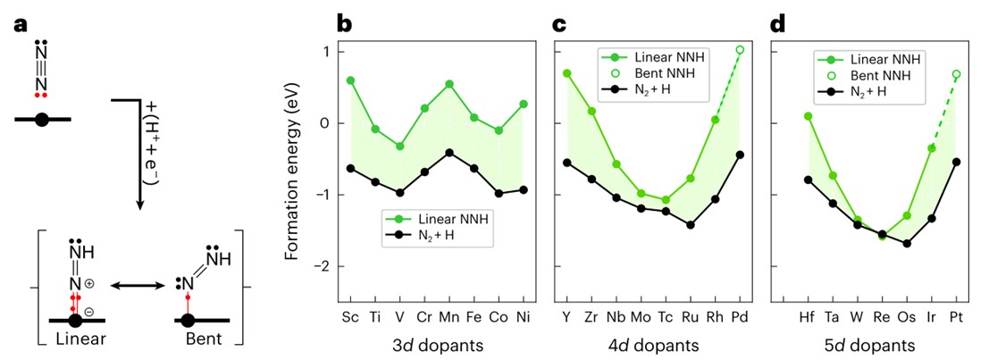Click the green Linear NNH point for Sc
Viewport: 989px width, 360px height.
tap(350, 80)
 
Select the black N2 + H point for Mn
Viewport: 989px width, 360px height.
tap(448, 153)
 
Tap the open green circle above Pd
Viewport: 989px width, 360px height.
tap(740, 50)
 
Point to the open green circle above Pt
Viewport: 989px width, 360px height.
tap(956, 74)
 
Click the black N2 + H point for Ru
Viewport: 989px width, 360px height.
tap(691, 225)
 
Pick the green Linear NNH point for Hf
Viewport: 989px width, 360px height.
tap(808, 116)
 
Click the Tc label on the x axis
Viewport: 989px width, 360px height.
tap(666, 318)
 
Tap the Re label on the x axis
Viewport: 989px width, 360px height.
tap(882, 318)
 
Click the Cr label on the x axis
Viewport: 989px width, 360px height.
tap(424, 318)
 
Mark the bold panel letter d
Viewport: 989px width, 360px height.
tap(776, 24)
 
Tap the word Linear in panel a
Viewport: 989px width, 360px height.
tap(80, 341)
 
